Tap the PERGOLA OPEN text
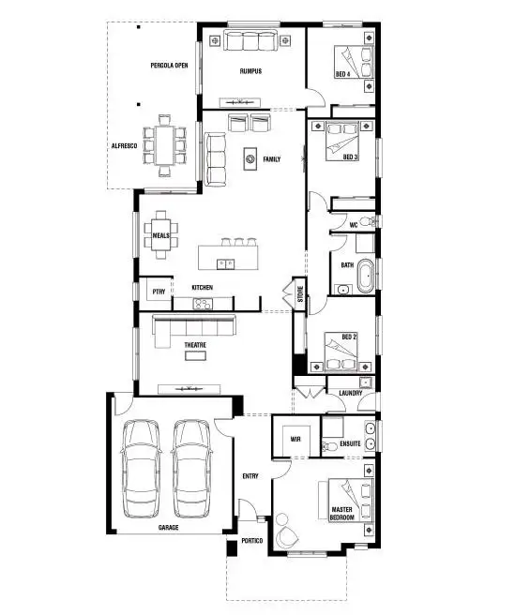coord(170,66)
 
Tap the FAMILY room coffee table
coord(250,159)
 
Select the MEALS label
coord(161,236)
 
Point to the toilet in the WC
coord(374,222)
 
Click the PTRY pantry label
coord(158,292)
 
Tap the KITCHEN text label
coord(203,287)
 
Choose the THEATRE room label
coord(194,345)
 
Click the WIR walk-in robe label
coord(295,438)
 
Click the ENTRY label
coord(250,476)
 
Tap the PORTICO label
coord(250,542)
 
